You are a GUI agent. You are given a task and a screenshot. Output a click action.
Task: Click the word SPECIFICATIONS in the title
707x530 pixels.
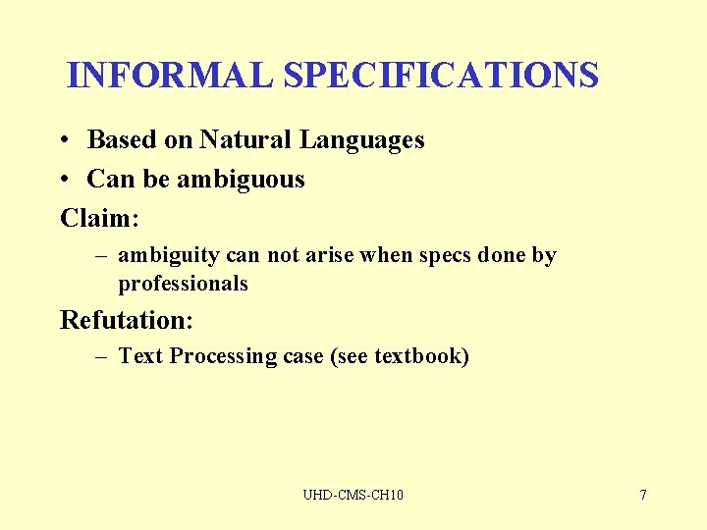[441, 76]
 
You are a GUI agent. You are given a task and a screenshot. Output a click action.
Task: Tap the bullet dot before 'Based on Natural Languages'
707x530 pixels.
[62, 140]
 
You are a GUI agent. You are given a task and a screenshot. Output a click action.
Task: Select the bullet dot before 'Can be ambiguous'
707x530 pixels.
[62, 180]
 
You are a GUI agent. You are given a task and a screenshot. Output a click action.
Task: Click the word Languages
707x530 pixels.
[361, 140]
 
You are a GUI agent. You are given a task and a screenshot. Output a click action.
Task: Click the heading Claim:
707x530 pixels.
[99, 218]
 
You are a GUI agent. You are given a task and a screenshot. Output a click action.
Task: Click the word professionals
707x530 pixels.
[183, 284]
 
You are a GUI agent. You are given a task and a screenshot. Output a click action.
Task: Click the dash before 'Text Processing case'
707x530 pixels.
[101, 356]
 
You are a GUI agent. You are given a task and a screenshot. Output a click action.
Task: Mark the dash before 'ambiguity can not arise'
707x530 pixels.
[101, 256]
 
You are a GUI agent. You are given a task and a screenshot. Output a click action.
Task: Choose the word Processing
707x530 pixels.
[223, 356]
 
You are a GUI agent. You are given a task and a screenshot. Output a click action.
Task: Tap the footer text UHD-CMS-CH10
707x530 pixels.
[353, 495]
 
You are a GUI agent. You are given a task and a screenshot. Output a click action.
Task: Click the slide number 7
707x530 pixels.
[643, 495]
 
